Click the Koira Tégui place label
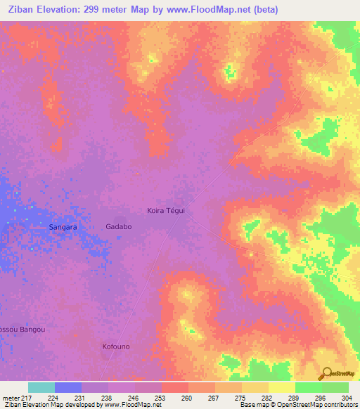[165, 210]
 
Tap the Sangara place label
[63, 228]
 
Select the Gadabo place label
[118, 227]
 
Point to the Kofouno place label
[117, 346]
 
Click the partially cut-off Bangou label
[22, 329]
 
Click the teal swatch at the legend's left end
[41, 387]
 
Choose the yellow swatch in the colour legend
[281, 387]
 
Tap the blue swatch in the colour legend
[68, 387]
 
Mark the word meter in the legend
[11, 397]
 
